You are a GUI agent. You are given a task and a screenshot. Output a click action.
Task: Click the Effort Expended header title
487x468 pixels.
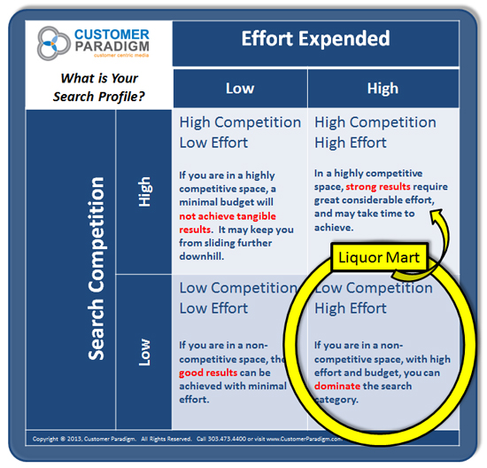click(315, 38)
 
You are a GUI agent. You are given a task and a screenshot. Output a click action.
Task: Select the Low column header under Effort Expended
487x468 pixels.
click(240, 88)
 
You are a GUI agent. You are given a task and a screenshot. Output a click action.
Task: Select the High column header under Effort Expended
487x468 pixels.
click(383, 88)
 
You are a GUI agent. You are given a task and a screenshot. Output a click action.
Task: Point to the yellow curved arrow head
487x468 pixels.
click(435, 215)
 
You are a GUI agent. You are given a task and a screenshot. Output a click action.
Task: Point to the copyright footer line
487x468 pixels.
click(239, 437)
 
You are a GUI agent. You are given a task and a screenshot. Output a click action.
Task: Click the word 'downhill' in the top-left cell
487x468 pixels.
click(205, 255)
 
